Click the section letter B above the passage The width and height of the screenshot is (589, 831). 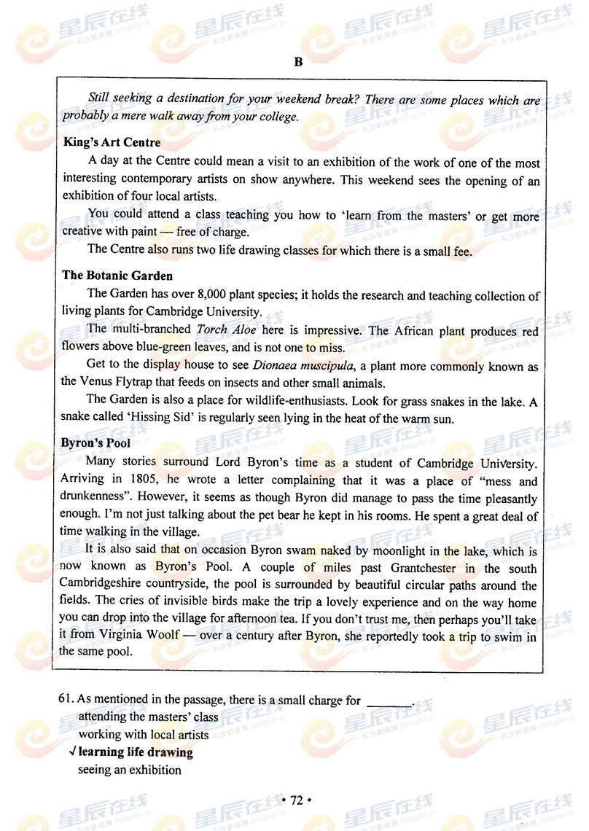point(297,62)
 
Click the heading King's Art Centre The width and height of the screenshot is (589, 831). point(112,142)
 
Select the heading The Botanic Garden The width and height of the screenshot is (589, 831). point(117,276)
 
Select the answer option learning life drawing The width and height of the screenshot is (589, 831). point(136,752)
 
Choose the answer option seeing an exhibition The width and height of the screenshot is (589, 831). point(130,769)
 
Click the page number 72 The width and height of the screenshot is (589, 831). point(296,800)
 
